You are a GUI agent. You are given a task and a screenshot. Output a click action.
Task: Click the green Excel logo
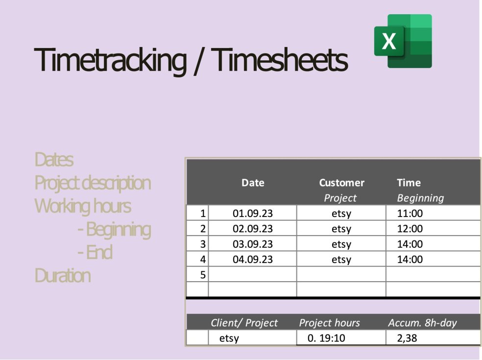pyautogui.click(x=403, y=41)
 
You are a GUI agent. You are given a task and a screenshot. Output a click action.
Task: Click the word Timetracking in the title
pyautogui.click(x=110, y=60)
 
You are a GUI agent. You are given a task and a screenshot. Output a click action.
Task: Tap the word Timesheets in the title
pyautogui.click(x=280, y=60)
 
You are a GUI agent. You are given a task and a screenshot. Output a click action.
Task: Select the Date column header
pyautogui.click(x=253, y=183)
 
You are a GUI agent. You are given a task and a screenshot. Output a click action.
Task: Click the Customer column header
pyautogui.click(x=341, y=183)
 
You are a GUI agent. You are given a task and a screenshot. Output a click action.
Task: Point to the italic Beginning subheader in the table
pyautogui.click(x=420, y=198)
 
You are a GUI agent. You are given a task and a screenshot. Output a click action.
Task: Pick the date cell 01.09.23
pyautogui.click(x=253, y=214)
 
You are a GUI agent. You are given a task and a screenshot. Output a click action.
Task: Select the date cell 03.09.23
pyautogui.click(x=253, y=244)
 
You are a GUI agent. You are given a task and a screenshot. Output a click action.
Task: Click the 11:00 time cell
pyautogui.click(x=410, y=214)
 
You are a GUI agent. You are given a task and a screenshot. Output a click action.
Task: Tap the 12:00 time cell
pyautogui.click(x=410, y=229)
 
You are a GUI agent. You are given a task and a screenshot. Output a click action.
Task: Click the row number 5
pyautogui.click(x=203, y=275)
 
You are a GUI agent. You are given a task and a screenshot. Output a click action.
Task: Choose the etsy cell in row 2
pyautogui.click(x=341, y=229)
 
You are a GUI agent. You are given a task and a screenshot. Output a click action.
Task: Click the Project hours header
pyautogui.click(x=329, y=323)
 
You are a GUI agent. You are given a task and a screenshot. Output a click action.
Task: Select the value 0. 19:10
pyautogui.click(x=325, y=338)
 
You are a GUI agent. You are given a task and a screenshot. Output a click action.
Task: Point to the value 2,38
pyautogui.click(x=408, y=338)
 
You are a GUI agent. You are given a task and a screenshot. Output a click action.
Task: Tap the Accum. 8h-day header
pyautogui.click(x=422, y=323)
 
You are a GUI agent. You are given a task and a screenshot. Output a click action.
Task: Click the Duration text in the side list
pyautogui.click(x=63, y=276)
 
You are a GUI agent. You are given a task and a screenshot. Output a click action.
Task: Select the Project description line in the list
pyautogui.click(x=93, y=183)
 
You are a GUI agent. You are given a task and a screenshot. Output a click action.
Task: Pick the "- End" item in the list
pyautogui.click(x=95, y=253)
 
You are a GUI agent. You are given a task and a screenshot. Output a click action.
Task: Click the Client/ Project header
pyautogui.click(x=244, y=323)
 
